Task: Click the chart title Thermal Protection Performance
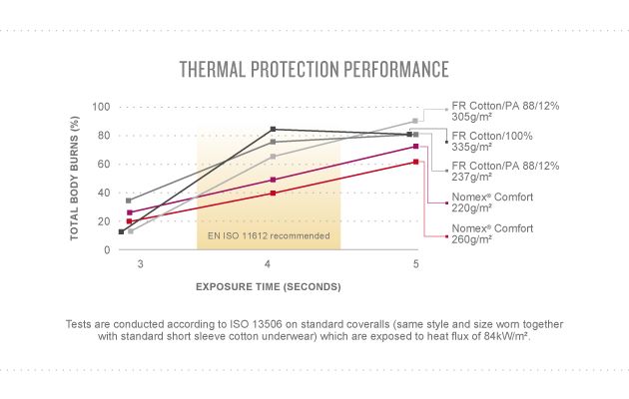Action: [314, 69]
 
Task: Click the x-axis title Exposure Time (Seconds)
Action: [268, 286]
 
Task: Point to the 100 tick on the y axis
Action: [100, 107]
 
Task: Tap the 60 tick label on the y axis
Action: [103, 164]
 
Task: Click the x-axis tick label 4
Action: [268, 263]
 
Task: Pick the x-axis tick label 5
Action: [415, 263]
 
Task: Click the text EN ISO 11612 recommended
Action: [268, 235]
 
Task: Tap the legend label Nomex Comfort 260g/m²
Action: [492, 234]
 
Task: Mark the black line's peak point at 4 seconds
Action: [274, 130]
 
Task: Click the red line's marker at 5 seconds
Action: [415, 162]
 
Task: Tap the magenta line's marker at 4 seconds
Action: [274, 180]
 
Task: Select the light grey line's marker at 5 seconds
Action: [415, 121]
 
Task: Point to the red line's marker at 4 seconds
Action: [274, 193]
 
